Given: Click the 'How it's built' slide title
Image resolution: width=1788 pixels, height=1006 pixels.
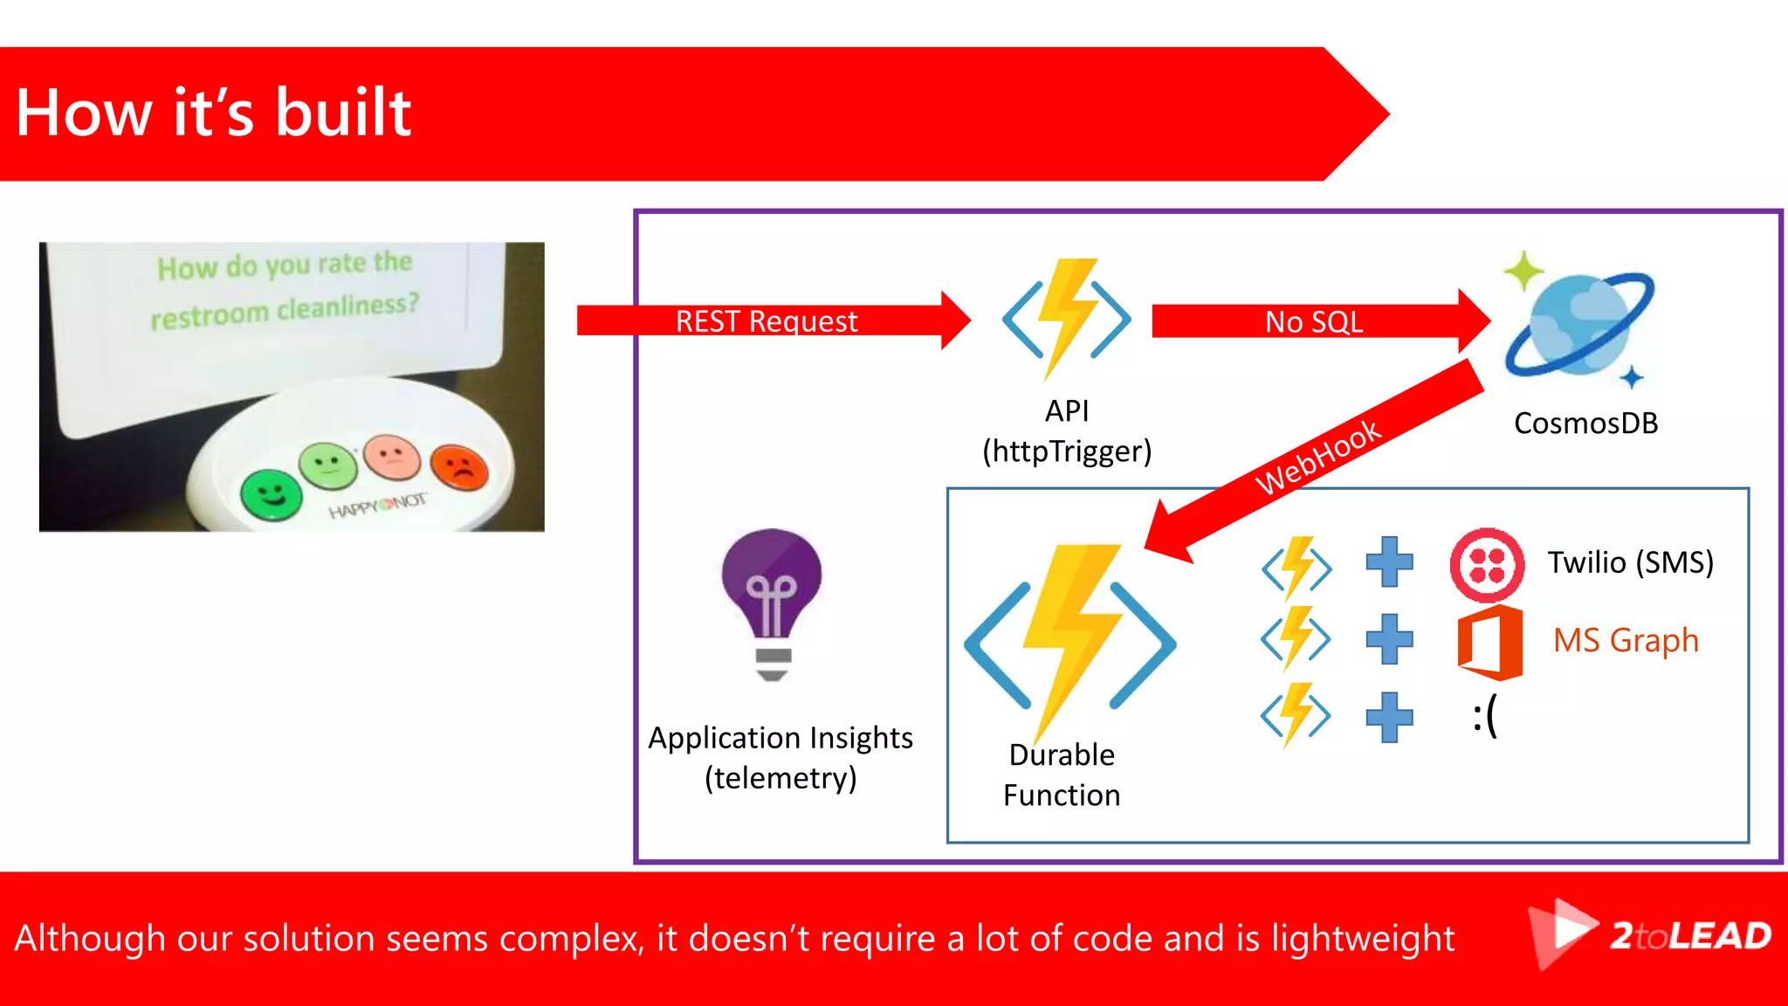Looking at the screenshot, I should (x=214, y=114).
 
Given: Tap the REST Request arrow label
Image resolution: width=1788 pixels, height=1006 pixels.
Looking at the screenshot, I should (x=767, y=321).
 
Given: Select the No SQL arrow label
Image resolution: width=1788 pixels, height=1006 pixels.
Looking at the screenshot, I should (x=1313, y=322).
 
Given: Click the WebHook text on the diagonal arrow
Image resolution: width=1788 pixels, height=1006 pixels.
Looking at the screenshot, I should (x=1318, y=457).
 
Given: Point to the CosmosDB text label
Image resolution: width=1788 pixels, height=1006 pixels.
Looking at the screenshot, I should (x=1585, y=424).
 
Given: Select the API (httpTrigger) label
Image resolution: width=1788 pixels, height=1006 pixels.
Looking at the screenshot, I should (x=1067, y=431).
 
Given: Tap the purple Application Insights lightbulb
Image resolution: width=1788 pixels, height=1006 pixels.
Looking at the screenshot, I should (x=772, y=603).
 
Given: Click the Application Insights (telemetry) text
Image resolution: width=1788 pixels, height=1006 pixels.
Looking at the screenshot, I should (x=781, y=758).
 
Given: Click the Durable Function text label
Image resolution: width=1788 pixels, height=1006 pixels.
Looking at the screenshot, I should (x=1062, y=775).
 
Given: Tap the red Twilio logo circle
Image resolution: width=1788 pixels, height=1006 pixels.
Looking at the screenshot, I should (x=1487, y=565).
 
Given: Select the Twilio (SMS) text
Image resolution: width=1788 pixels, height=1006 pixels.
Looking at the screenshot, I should (x=1630, y=562).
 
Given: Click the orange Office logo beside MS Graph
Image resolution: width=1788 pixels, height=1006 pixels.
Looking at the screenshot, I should (x=1489, y=643).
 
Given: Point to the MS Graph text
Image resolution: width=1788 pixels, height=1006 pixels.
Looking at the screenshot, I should (x=1626, y=640).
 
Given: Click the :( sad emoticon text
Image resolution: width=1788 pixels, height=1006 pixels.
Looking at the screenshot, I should (x=1484, y=715).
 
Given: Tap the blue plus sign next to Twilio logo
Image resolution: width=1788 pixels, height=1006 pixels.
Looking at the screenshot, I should (x=1389, y=562).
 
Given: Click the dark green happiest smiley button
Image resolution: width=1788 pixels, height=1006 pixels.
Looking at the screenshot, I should (x=271, y=495).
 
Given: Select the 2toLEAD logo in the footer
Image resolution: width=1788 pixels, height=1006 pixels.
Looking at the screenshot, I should (x=1650, y=936).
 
